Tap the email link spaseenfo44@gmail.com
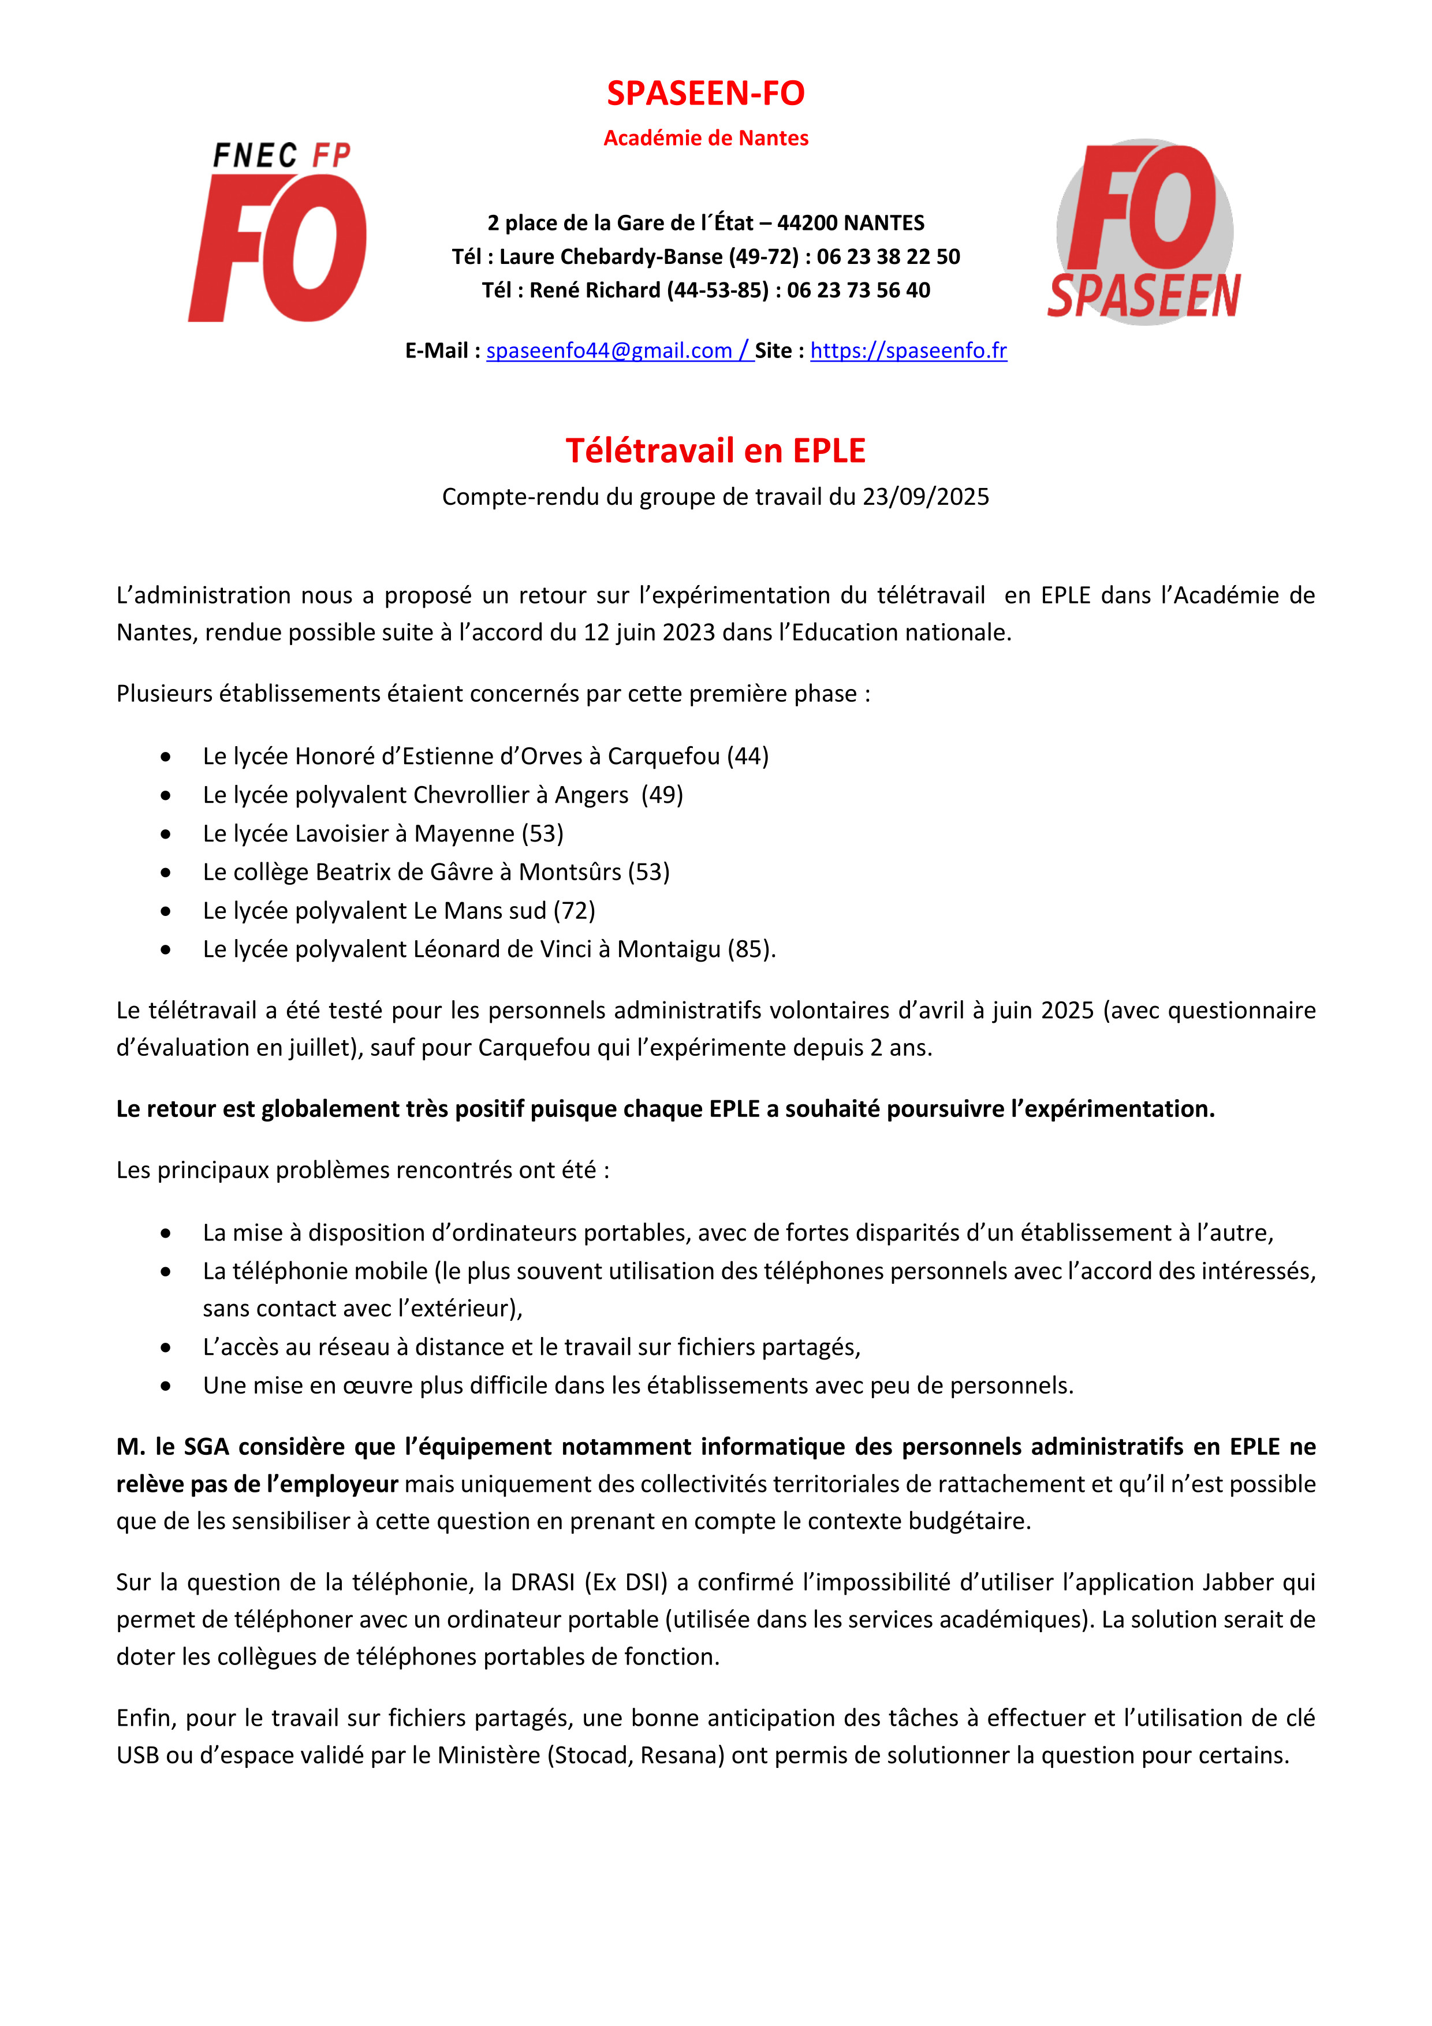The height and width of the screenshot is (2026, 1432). tap(609, 351)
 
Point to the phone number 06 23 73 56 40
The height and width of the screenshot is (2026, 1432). tap(859, 291)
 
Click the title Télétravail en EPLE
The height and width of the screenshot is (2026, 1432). tap(715, 451)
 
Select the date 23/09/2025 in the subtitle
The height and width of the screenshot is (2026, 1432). tap(926, 497)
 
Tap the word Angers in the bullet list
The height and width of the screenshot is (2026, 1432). tap(591, 795)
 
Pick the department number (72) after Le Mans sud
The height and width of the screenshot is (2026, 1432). tap(575, 911)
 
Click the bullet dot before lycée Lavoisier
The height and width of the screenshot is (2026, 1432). tap(166, 834)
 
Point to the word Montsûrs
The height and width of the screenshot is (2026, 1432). tap(570, 872)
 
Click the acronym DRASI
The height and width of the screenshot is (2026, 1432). tap(543, 1582)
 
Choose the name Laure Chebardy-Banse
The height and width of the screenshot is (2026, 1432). tap(610, 257)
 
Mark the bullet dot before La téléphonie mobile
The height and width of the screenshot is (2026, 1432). tap(166, 1272)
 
